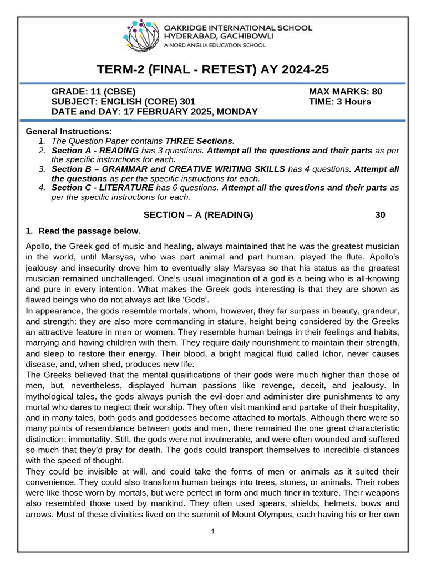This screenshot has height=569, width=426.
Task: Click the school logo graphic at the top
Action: pyautogui.click(x=143, y=34)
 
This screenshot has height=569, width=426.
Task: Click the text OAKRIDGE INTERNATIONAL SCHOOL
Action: pyautogui.click(x=238, y=27)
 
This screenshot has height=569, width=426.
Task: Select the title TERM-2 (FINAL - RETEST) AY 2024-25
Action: pyautogui.click(x=213, y=69)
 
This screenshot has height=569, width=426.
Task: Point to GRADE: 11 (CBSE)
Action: pyautogui.click(x=93, y=92)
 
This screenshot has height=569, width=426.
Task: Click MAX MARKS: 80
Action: pyautogui.click(x=345, y=92)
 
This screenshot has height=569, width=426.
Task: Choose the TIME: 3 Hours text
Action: pyautogui.click(x=340, y=102)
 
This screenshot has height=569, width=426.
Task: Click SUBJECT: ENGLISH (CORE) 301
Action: pyautogui.click(x=123, y=102)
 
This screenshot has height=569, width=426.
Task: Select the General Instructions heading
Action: pyautogui.click(x=69, y=132)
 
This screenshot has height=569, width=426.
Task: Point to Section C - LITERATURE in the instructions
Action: pyautogui.click(x=102, y=188)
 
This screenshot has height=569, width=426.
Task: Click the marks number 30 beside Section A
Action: pyautogui.click(x=380, y=215)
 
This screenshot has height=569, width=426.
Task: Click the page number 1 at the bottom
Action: pyautogui.click(x=213, y=531)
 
